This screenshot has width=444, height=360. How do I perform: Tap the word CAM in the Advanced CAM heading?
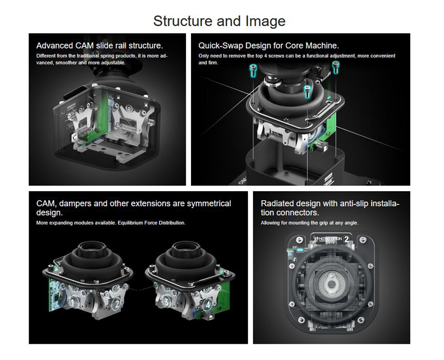(x=84, y=46)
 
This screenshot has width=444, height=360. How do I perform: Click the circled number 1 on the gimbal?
(x=74, y=303)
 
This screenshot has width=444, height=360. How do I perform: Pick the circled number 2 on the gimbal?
(x=117, y=304)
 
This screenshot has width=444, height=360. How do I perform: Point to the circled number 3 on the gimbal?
(x=166, y=302)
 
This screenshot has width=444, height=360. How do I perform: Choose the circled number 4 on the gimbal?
(x=208, y=305)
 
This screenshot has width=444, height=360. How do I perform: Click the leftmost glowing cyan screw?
(x=253, y=70)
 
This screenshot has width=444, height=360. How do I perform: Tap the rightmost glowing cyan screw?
(x=335, y=68)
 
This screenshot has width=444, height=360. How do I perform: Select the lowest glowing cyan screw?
(x=307, y=92)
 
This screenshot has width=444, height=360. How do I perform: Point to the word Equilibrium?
(x=130, y=223)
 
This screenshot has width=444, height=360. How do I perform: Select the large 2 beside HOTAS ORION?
(x=346, y=239)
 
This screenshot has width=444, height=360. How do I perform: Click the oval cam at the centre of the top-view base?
(x=330, y=284)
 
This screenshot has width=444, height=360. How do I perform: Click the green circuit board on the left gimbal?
(x=55, y=295)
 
